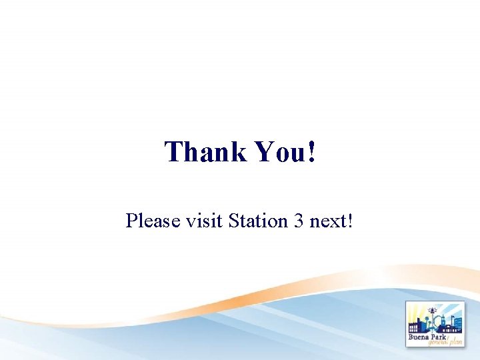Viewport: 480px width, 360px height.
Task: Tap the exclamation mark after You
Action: pos(312,151)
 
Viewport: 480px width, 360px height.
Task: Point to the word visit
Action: pos(203,221)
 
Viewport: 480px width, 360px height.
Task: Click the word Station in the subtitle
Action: pos(257,221)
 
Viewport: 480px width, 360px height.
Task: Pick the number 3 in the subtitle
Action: pos(297,221)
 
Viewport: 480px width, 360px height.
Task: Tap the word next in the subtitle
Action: pos(327,221)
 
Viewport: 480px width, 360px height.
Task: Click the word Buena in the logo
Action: pos(421,337)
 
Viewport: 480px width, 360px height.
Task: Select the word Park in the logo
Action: pos(446,337)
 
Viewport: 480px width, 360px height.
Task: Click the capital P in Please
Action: pos(131,221)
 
